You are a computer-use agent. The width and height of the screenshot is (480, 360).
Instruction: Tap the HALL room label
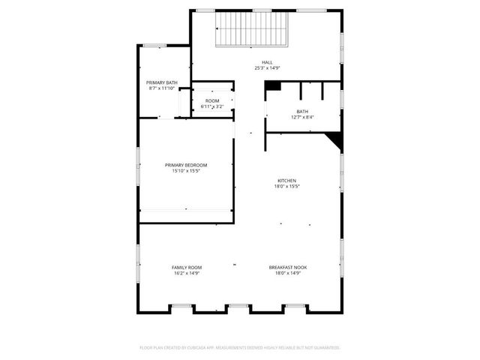click(267, 62)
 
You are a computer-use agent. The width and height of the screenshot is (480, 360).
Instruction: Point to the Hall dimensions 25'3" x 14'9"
click(267, 68)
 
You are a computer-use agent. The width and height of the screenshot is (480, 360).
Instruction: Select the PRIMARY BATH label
click(161, 82)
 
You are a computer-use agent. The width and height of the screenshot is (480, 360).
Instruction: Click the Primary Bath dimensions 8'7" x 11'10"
click(161, 88)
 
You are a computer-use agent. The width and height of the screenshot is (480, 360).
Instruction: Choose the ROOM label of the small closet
click(212, 100)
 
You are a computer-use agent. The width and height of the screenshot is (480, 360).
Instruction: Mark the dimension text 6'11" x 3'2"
click(212, 106)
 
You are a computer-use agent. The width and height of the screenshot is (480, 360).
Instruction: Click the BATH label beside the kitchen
click(302, 111)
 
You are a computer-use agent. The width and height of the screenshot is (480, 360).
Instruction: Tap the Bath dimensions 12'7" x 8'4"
click(302, 117)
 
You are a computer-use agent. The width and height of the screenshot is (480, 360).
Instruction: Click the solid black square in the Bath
click(274, 86)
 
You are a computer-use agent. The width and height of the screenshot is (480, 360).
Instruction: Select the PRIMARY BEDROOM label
click(186, 165)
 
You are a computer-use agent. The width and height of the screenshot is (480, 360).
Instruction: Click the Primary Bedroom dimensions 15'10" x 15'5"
click(186, 171)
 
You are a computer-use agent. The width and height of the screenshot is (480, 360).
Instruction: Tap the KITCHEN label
click(287, 181)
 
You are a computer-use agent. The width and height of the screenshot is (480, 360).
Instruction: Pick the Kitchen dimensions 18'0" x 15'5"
click(287, 187)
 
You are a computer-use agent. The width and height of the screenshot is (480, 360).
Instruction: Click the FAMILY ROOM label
click(187, 267)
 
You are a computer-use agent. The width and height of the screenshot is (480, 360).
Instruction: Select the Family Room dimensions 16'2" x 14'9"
click(187, 273)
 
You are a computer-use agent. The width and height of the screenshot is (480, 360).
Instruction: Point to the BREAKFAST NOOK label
click(288, 267)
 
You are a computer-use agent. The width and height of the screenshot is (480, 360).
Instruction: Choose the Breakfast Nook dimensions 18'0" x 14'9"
click(288, 273)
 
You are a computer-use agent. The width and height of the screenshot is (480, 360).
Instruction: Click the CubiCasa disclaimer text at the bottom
click(240, 347)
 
